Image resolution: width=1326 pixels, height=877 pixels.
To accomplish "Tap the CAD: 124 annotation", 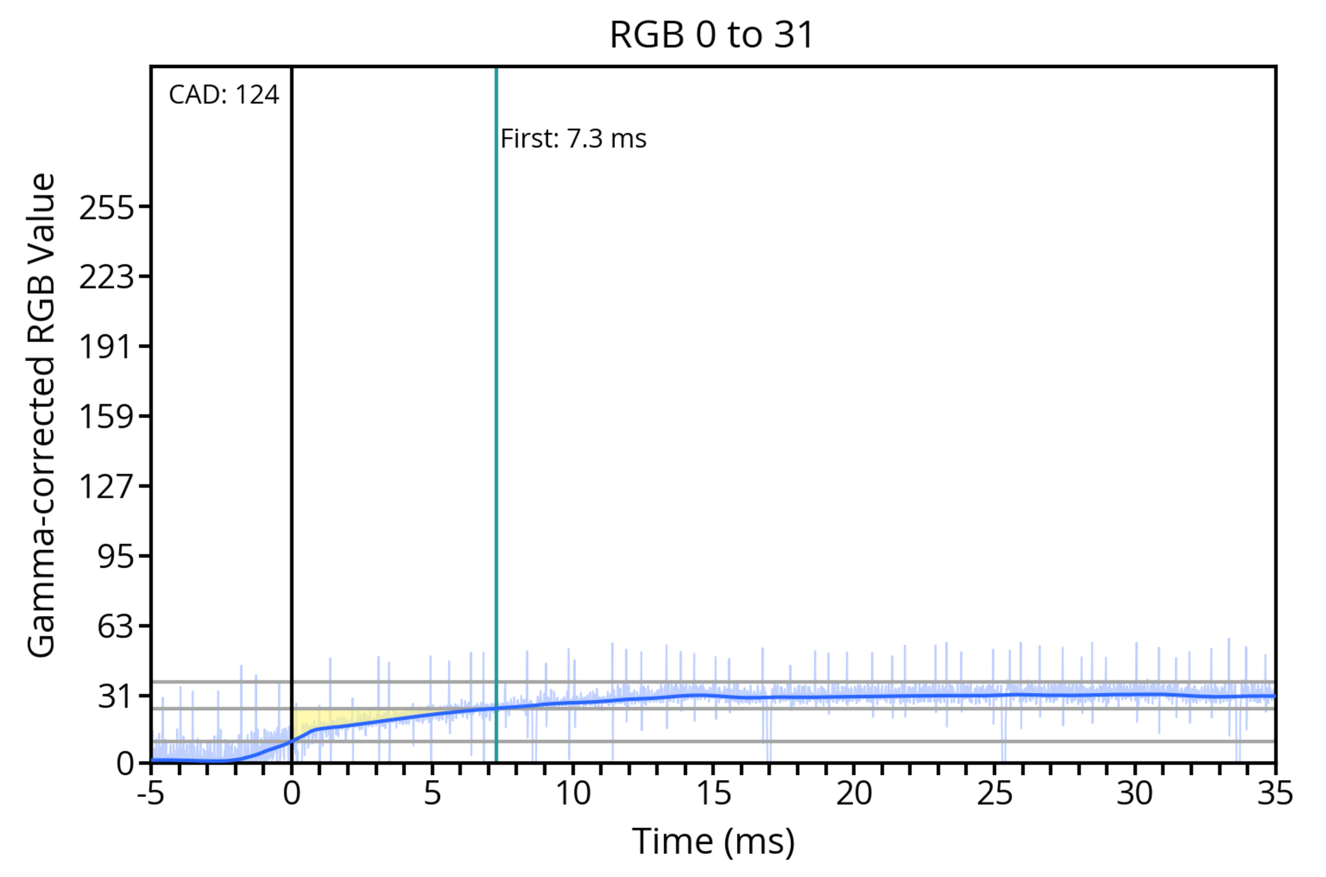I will click(x=224, y=95).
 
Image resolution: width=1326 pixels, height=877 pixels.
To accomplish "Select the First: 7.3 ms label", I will click(x=573, y=139).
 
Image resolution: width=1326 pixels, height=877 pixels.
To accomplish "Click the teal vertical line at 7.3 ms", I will click(x=496, y=392).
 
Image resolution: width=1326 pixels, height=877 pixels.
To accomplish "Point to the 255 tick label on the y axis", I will click(x=107, y=208).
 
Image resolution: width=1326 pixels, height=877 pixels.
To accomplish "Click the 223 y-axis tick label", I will click(x=107, y=277).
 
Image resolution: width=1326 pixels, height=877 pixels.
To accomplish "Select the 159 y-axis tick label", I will click(x=107, y=417).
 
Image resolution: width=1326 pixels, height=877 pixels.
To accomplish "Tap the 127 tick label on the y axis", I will click(x=107, y=486).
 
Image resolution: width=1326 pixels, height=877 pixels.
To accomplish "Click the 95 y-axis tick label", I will click(x=116, y=557).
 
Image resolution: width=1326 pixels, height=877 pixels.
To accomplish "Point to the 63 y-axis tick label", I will click(x=116, y=626).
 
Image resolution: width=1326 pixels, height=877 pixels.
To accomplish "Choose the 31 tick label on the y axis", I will click(x=116, y=697).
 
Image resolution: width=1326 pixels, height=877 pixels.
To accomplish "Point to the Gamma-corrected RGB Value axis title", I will click(x=41, y=414).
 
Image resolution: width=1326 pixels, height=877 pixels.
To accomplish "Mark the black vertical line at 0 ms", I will click(x=291, y=392).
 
